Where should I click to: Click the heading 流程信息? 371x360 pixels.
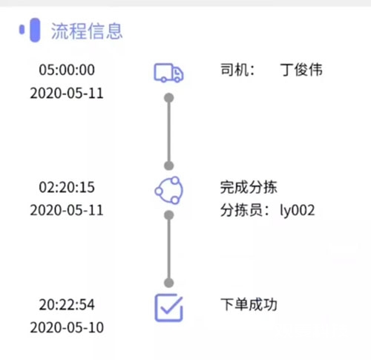coord(87,31)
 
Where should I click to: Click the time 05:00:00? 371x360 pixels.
coord(67,70)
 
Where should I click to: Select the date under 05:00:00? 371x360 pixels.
coord(67,94)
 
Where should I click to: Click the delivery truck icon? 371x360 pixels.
coord(168,73)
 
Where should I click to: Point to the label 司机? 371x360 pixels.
coord(237,70)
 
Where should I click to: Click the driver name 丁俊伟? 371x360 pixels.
coord(301,70)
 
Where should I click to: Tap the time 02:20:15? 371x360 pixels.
coord(67,187)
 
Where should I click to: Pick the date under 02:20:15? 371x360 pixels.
coord(67,210)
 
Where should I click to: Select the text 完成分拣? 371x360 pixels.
coord(249,187)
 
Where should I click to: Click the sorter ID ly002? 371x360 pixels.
coord(298,211)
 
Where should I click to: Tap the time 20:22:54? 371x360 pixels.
coord(67,304)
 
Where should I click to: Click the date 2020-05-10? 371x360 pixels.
coord(67,327)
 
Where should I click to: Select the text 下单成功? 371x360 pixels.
coord(249,304)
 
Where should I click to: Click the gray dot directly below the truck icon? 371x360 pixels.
coord(169,98)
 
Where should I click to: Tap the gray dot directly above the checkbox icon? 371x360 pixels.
coord(169,283)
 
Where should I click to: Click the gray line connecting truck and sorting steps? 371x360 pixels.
coord(169,131)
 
